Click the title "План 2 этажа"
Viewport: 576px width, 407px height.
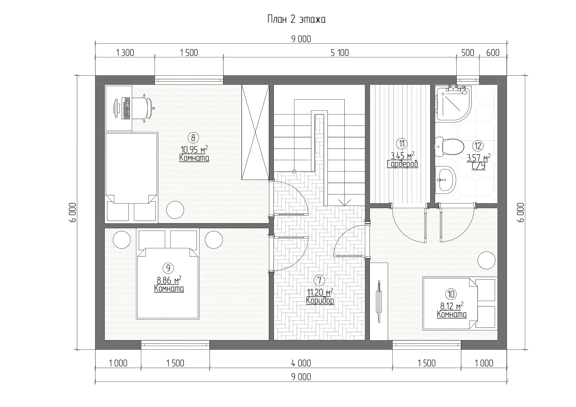(x=296, y=19)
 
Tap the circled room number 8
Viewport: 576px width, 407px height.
(x=193, y=138)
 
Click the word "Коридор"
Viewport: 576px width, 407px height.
(x=320, y=300)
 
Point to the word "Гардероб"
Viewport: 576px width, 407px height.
(x=402, y=164)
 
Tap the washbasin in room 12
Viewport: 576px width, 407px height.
(x=446, y=180)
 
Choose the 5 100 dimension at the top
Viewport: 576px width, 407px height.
(x=340, y=53)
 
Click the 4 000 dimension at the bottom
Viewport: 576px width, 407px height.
(x=301, y=363)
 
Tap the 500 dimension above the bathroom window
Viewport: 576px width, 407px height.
(x=468, y=53)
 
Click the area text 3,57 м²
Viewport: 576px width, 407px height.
(x=478, y=158)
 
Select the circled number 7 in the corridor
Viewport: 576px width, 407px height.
(x=319, y=280)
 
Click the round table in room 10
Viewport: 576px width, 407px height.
(x=486, y=260)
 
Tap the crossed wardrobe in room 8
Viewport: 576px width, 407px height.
(x=255, y=132)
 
